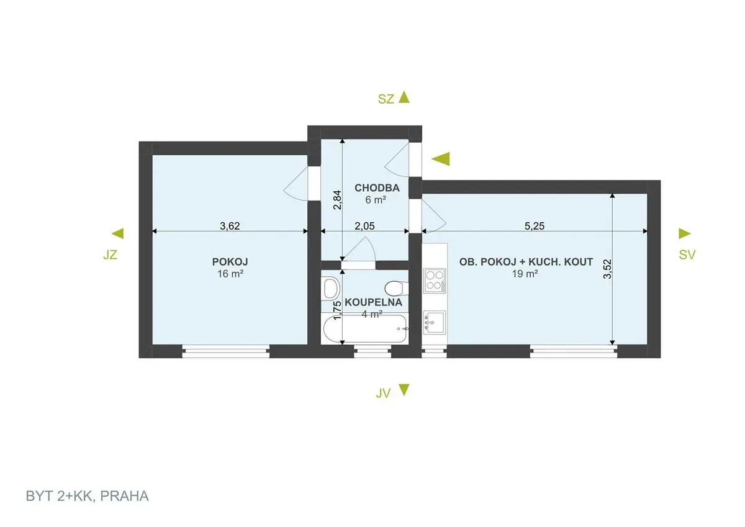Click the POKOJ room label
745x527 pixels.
coord(230,262)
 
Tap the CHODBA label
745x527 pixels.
coord(377,188)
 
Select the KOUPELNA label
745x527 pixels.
coord(373,302)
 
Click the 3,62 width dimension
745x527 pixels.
coord(230,226)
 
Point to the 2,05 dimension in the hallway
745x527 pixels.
coord(364,226)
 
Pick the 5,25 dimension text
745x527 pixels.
coord(535,226)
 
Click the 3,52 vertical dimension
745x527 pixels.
coord(607,269)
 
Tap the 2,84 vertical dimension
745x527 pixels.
coord(337,199)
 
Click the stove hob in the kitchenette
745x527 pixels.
coord(435,281)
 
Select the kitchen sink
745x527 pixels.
coord(435,322)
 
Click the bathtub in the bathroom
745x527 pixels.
coord(365,328)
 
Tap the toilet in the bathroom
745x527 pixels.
coord(397,288)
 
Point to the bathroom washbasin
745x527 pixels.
coord(332,288)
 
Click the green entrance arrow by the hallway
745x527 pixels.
coord(441,159)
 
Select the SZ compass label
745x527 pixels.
coord(386,99)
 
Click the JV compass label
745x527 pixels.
coord(383,394)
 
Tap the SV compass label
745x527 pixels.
coord(687,254)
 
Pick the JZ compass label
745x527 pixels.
coord(110,254)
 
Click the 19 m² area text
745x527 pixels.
coord(525,274)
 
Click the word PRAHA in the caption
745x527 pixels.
coord(124,496)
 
